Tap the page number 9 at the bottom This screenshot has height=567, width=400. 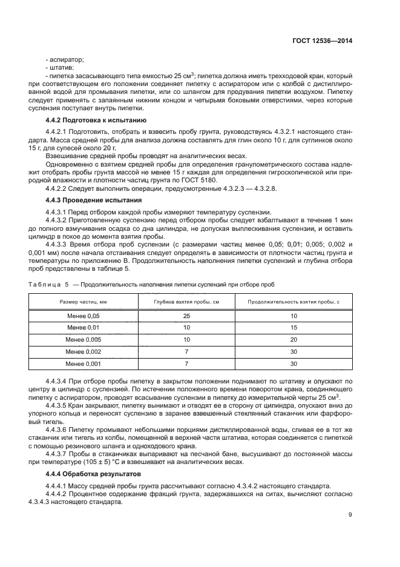(x=350, y=515)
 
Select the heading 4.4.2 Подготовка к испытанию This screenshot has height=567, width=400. (x=96, y=120)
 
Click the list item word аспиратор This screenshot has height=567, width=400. (x=67, y=59)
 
